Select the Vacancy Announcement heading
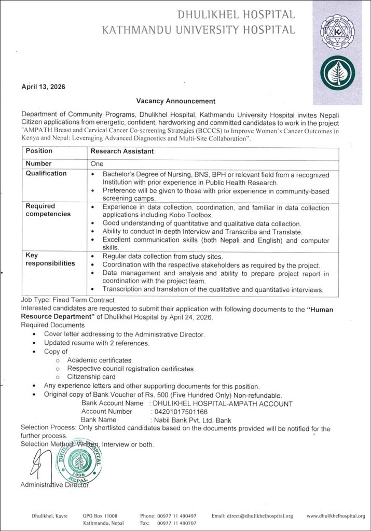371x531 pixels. pyautogui.click(x=175, y=101)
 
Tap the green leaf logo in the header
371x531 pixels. pyautogui.click(x=337, y=72)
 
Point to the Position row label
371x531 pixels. pyautogui.click(x=39, y=151)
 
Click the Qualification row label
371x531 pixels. pyautogui.click(x=47, y=174)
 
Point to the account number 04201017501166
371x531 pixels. pyautogui.click(x=179, y=411)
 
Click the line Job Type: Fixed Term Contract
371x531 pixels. pyautogui.click(x=67, y=300)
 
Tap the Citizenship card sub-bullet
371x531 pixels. pyautogui.click(x=91, y=377)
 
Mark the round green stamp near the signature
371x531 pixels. pyautogui.click(x=80, y=461)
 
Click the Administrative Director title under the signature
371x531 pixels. pyautogui.click(x=54, y=485)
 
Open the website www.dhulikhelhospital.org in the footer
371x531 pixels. pyautogui.click(x=335, y=516)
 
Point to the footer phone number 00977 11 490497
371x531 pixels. pyautogui.click(x=177, y=516)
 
